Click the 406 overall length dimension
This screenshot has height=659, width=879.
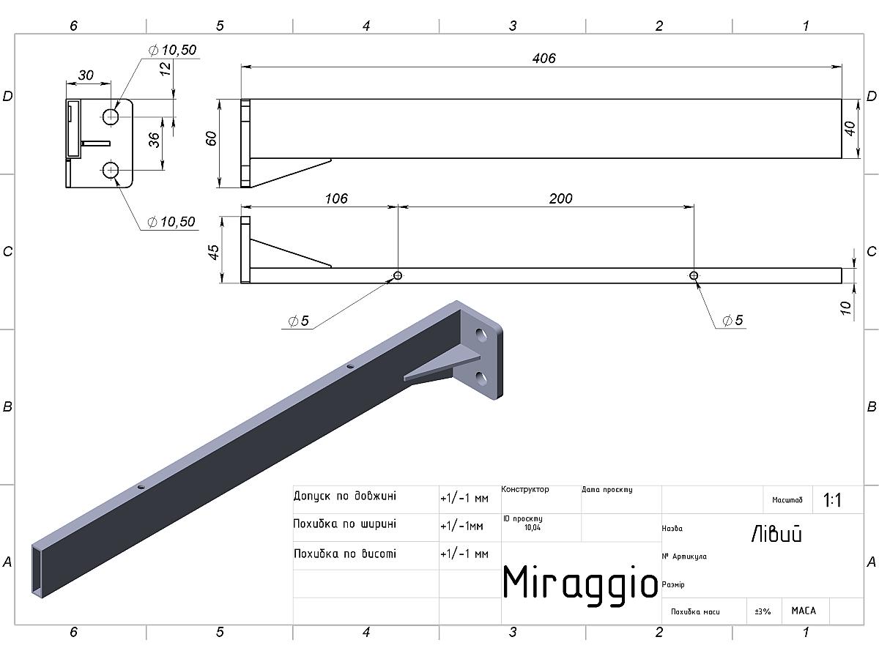544,59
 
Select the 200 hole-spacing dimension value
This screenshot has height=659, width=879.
560,198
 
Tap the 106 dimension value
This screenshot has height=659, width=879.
336,198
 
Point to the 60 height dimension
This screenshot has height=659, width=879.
211,138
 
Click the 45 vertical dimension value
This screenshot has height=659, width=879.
214,252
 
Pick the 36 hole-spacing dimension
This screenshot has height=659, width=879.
154,140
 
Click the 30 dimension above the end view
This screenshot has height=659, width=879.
86,75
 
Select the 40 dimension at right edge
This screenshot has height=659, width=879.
849,128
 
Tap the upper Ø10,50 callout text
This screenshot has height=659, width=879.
173,50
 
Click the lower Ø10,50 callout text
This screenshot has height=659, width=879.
171,221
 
